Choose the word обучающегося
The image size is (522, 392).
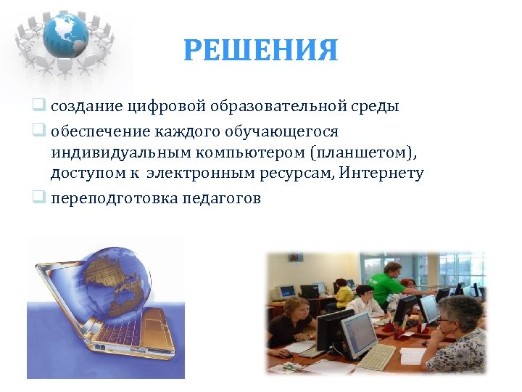click(x=283, y=131)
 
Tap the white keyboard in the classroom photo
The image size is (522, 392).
click(x=376, y=356)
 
